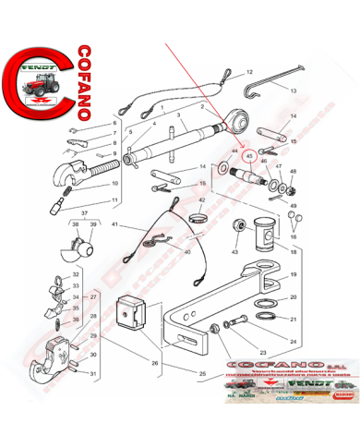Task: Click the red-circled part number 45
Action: coord(248,156)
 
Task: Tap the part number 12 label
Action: coord(247,71)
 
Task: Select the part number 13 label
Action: coord(293,92)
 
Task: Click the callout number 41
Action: coord(115,225)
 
